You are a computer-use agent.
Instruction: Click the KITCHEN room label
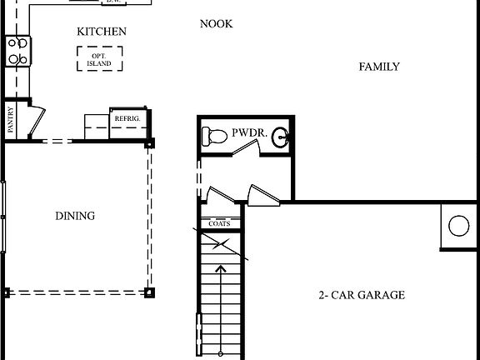pos(102,32)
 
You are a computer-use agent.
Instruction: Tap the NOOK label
pos(216,23)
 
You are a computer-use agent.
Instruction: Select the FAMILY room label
pos(379,67)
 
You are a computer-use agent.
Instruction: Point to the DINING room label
pos(75,216)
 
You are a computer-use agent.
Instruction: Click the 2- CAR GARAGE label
pos(362,295)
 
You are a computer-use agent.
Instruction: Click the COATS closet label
pos(219,223)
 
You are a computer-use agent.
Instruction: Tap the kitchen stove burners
pos(17,51)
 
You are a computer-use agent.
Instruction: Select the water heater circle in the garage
pos(458,225)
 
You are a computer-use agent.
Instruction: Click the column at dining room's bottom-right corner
pos(149,292)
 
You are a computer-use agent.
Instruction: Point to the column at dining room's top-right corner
pos(149,144)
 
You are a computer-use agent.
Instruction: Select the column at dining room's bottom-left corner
pos(7,292)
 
